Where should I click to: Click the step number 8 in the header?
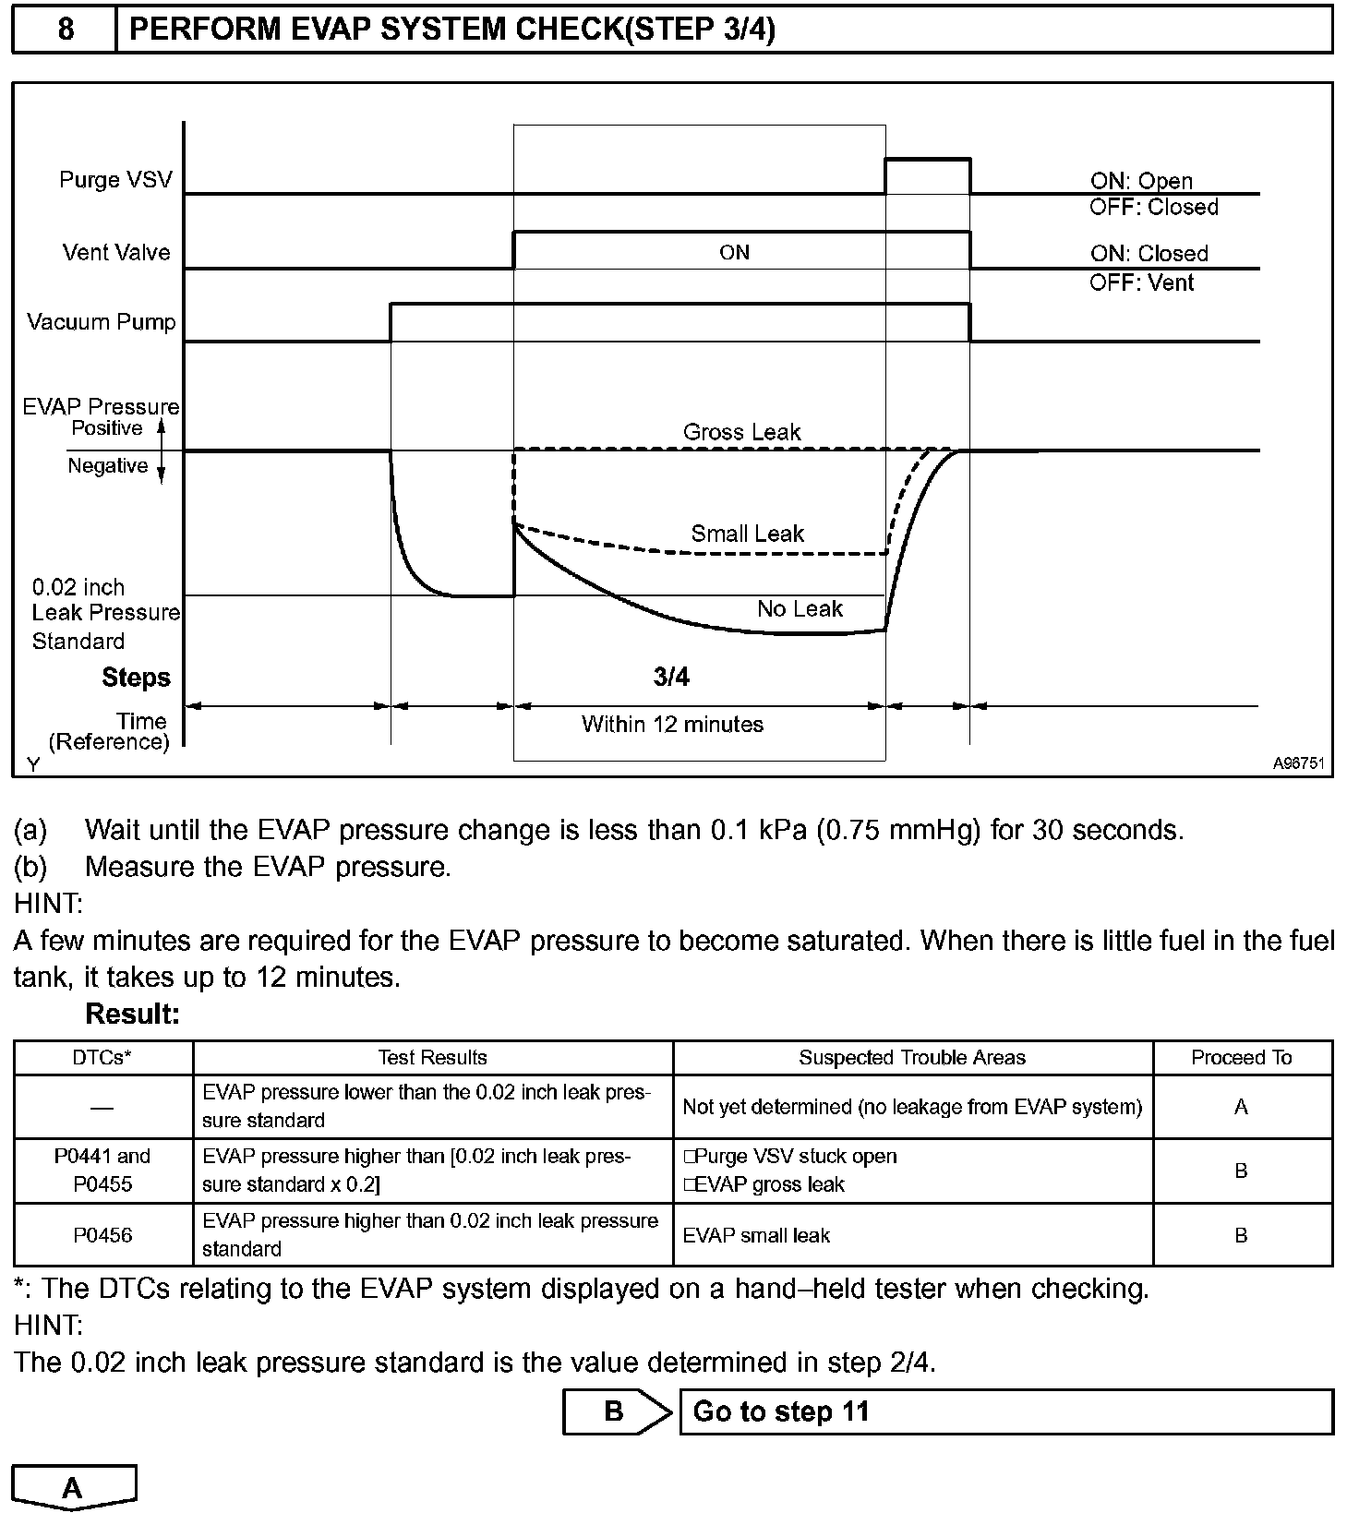coord(66,30)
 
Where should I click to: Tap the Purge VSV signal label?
coord(115,179)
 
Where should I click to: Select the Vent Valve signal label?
coord(116,252)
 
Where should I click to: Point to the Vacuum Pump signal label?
coord(101,322)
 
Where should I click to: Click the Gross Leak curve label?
coord(741,432)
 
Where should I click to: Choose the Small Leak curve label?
coord(747,534)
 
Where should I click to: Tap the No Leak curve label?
coord(800,609)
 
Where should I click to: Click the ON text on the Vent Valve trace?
coord(734,252)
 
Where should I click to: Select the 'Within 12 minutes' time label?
coord(672,725)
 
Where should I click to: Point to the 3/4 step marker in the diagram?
coord(671,678)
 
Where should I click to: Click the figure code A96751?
coord(1298,763)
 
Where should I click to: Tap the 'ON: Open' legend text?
coord(1141,181)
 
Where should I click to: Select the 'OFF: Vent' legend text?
coord(1141,282)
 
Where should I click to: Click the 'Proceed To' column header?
coord(1241,1058)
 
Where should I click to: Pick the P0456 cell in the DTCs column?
coord(102,1235)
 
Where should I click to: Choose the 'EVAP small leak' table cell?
coord(756,1235)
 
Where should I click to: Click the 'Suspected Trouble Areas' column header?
coord(911,1058)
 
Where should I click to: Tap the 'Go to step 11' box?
coord(1005,1411)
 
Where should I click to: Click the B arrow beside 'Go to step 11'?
coord(616,1411)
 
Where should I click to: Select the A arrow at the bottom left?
coord(73,1487)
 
